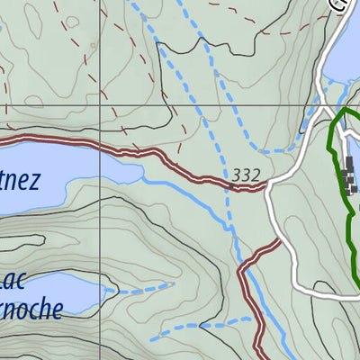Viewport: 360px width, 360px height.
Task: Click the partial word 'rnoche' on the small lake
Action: (31, 309)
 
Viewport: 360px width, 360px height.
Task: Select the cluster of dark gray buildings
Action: (349, 176)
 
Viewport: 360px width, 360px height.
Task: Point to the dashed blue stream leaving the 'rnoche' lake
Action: (139, 289)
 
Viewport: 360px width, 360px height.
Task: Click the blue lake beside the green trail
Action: (343, 63)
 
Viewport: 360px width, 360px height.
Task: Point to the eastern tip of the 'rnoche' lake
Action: (113, 290)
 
